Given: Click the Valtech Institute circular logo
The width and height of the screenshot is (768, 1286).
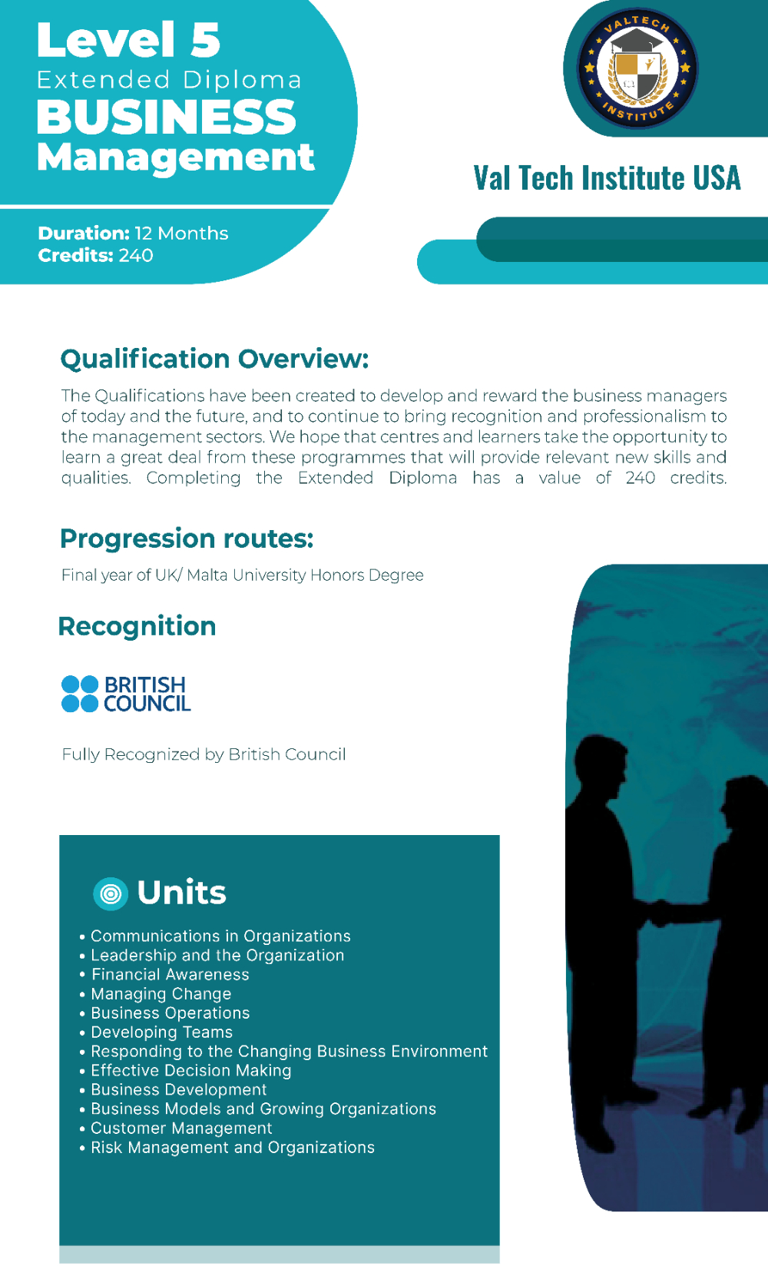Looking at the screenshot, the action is (x=637, y=68).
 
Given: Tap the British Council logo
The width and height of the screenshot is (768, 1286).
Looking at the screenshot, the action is (x=126, y=694).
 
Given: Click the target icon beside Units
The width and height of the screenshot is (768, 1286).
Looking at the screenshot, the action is (x=110, y=893).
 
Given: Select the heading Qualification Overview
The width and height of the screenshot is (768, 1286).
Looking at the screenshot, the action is (x=214, y=359).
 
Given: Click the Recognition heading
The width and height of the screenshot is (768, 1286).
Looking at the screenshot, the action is (x=137, y=626).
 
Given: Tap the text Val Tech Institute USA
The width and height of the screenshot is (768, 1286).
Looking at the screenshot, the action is (x=607, y=177).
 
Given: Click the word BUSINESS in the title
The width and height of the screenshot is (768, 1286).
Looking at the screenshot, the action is (x=167, y=117).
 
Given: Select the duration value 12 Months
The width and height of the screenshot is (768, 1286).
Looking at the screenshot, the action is (x=181, y=233).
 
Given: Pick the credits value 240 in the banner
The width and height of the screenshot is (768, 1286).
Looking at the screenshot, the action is (x=136, y=256).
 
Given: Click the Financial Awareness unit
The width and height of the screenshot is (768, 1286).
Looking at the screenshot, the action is (x=170, y=974).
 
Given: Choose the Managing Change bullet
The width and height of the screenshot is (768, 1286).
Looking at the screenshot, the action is (x=161, y=994).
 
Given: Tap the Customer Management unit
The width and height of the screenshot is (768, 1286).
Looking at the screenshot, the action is (x=181, y=1128).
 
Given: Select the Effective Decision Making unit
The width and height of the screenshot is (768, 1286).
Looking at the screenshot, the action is (x=191, y=1070).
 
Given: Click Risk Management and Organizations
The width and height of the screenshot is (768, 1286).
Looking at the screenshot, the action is (x=233, y=1147).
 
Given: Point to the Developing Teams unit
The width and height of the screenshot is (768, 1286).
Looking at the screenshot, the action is (x=162, y=1032).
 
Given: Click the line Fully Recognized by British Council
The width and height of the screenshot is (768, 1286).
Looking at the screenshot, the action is (x=204, y=754).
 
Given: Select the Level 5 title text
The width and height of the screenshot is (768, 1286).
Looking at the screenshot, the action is (x=128, y=40).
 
